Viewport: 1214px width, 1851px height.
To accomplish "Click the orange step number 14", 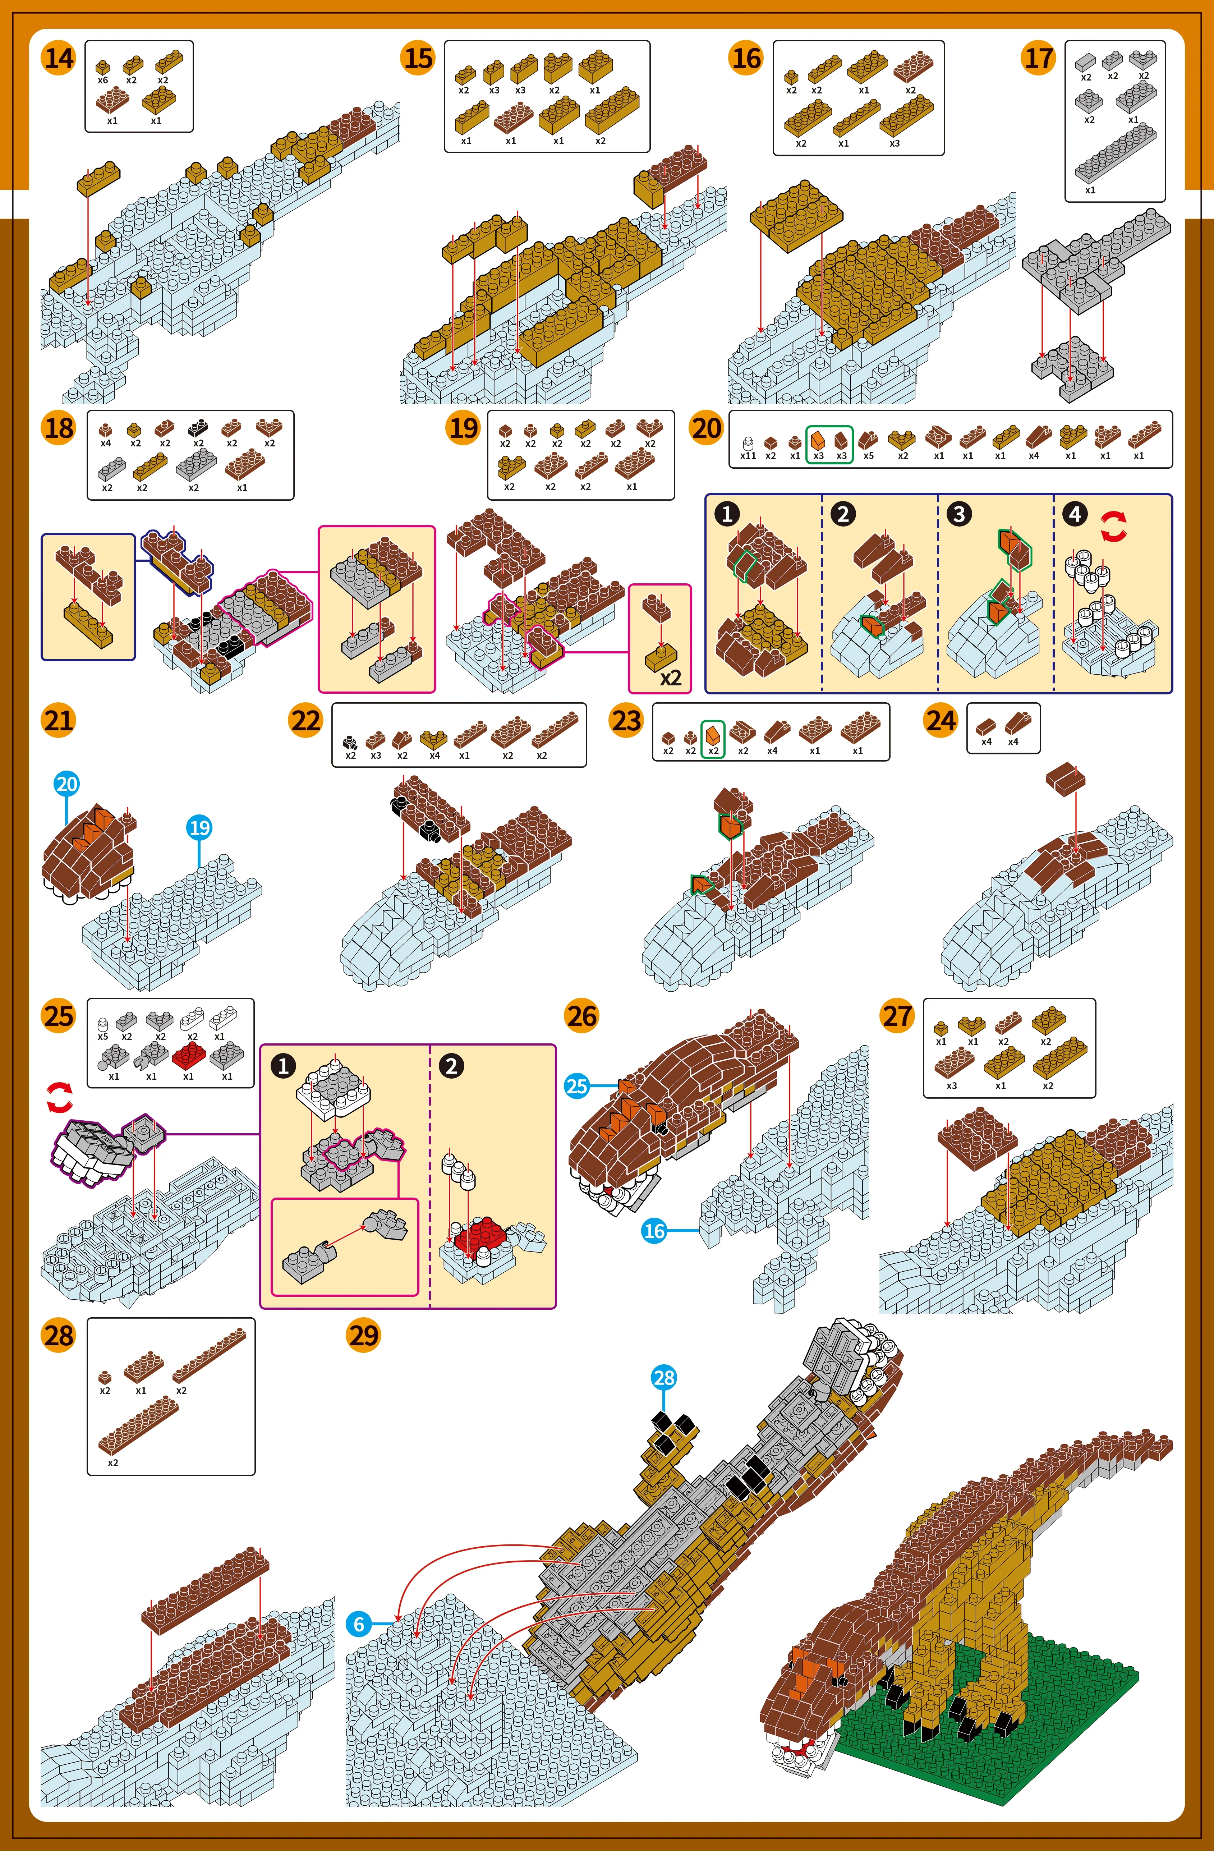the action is coord(58,58).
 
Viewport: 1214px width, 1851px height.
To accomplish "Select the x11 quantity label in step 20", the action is coord(748,456).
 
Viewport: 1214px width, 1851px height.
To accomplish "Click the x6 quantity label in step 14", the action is coord(103,80).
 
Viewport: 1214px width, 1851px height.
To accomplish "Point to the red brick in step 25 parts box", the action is coord(188,1055).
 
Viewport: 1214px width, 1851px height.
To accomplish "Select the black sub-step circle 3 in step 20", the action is coord(959,514).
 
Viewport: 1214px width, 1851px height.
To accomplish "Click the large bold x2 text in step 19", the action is coord(670,678).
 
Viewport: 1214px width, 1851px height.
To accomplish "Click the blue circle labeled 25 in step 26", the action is coord(576,1086).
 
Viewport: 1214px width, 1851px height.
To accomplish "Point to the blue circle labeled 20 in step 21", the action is coord(67,784).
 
